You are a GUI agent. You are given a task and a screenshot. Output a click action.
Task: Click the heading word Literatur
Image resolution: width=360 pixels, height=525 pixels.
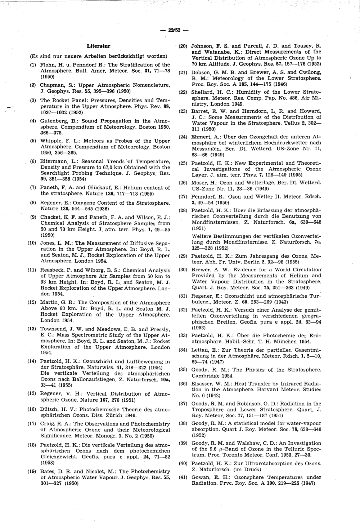[98, 46]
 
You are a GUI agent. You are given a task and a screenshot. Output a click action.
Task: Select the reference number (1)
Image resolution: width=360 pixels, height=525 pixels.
[33, 65]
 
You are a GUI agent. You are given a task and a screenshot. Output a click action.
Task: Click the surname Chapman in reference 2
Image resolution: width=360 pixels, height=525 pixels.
[51, 85]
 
